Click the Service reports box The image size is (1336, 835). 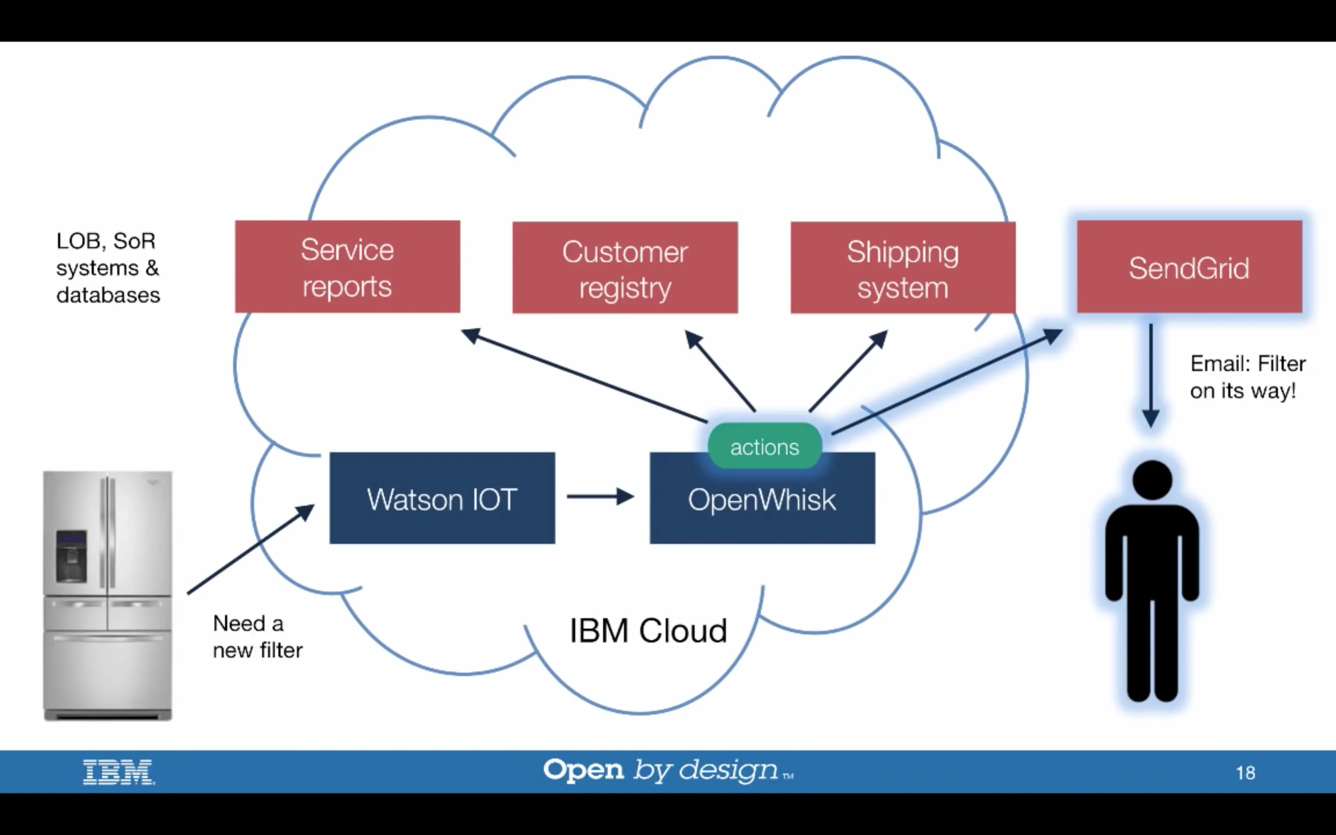tap(347, 267)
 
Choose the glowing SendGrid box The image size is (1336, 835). tap(1189, 267)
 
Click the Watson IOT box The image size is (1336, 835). tap(442, 498)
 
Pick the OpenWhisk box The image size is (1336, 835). tap(762, 505)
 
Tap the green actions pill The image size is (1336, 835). tap(764, 446)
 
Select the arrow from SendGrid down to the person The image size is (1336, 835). tap(1150, 376)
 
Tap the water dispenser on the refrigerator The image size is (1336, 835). tap(71, 556)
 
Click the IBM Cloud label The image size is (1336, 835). tap(648, 631)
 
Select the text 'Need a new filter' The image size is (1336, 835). tap(257, 637)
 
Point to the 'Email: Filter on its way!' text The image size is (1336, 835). tap(1247, 377)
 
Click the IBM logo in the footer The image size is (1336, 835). tap(119, 771)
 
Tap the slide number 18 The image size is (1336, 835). tap(1246, 772)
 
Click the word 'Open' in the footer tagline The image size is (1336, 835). tap(583, 770)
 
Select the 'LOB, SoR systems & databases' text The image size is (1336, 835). tap(108, 268)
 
